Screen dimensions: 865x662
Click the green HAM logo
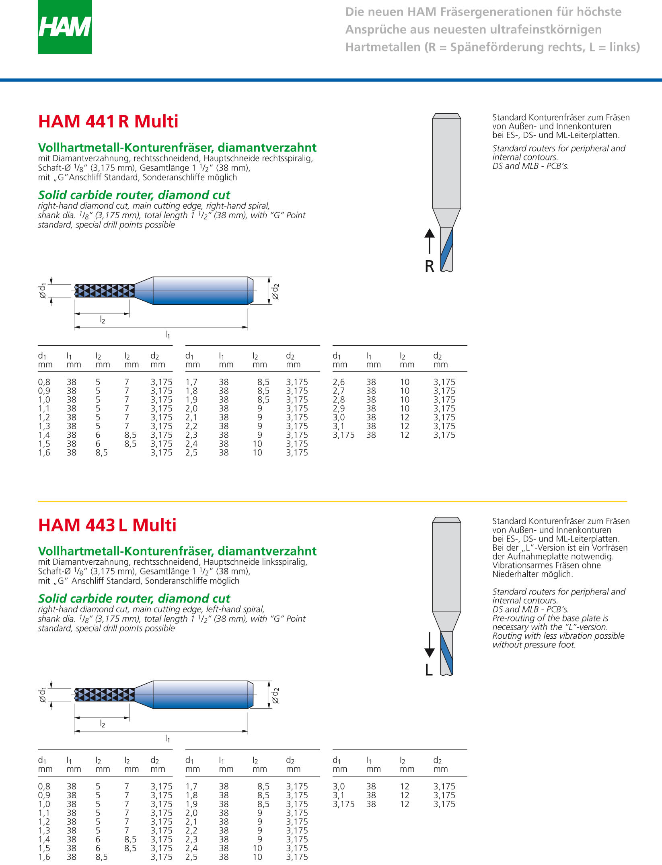(65, 27)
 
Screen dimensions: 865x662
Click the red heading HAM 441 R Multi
(108, 121)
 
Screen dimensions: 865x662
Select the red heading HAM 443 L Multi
(107, 525)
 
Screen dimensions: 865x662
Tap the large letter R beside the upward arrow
(430, 266)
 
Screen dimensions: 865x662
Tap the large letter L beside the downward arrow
(429, 670)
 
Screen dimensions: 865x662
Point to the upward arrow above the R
(430, 240)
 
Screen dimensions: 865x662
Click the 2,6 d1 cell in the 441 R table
(338, 382)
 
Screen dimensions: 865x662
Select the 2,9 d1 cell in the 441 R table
(338, 408)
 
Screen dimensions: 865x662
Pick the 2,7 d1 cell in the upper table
(338, 391)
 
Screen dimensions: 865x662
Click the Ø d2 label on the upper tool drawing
(275, 291)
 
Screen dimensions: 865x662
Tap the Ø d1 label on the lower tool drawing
(42, 695)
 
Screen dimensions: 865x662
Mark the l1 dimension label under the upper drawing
(167, 334)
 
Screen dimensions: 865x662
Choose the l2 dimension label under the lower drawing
(102, 724)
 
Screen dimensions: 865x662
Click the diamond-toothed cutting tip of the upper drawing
(105, 291)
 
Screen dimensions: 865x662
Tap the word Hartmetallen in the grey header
(382, 47)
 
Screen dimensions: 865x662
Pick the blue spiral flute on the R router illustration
(446, 249)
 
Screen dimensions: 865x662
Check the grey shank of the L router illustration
(446, 567)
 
